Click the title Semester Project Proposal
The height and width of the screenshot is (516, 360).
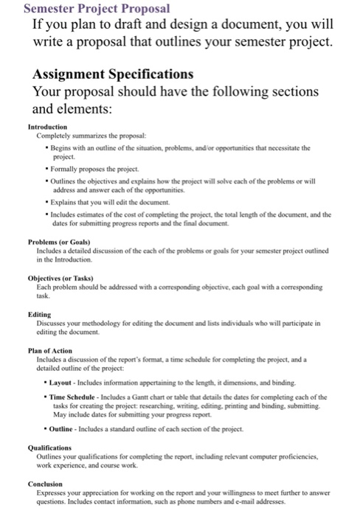tap(86, 9)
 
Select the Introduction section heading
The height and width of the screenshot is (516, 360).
tap(47, 127)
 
